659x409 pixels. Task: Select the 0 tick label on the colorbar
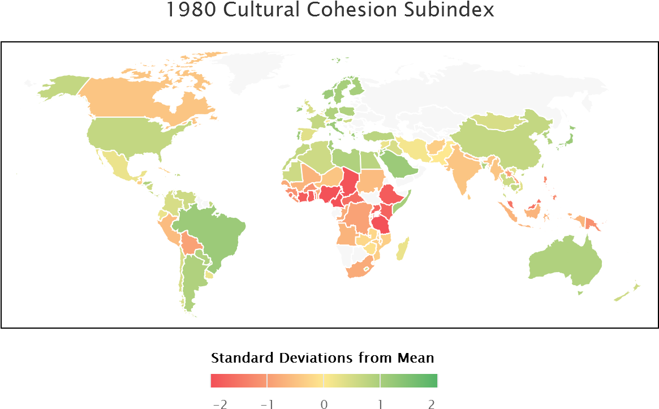tap(324, 404)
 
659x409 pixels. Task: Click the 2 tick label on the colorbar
tap(432, 404)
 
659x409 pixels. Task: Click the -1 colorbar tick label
tap(268, 404)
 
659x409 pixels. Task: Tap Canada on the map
tap(141, 99)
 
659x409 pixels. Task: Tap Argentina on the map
tap(192, 277)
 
